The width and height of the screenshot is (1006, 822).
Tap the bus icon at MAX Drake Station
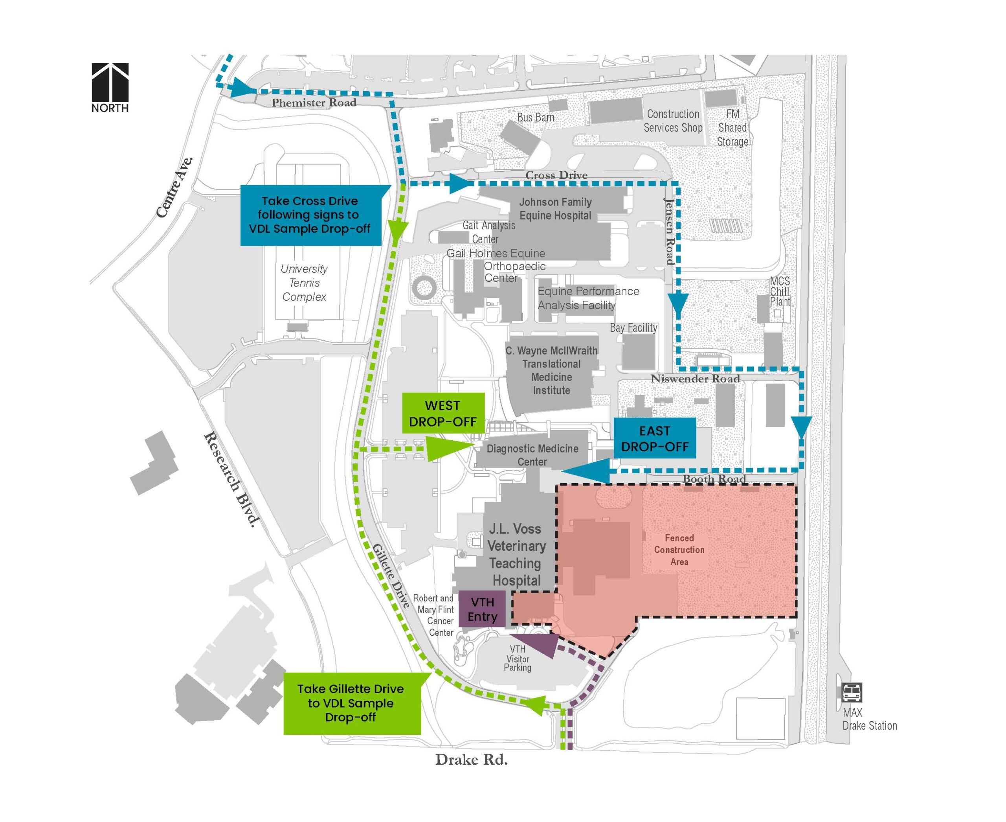click(x=852, y=693)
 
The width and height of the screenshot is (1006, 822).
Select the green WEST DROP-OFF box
click(x=443, y=414)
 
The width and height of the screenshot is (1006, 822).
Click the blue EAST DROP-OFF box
click(x=655, y=438)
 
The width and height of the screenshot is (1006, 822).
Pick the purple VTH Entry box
click(x=483, y=609)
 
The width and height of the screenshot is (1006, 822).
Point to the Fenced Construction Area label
click(x=679, y=550)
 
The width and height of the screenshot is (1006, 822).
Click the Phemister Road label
click(x=314, y=103)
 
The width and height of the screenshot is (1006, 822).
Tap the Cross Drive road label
click(x=556, y=175)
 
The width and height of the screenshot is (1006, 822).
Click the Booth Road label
click(x=714, y=479)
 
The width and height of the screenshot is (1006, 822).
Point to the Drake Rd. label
click(x=471, y=760)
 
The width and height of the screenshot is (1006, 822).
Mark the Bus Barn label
click(x=536, y=118)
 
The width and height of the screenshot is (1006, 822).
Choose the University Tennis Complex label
click(x=304, y=283)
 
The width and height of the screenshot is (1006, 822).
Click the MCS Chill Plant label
click(x=780, y=292)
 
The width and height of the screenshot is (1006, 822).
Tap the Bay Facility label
click(x=633, y=328)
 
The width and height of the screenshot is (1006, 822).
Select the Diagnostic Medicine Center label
click(x=532, y=455)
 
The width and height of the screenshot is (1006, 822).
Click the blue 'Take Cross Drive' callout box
click(x=310, y=215)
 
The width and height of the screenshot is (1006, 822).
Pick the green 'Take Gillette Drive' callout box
click(x=351, y=703)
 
